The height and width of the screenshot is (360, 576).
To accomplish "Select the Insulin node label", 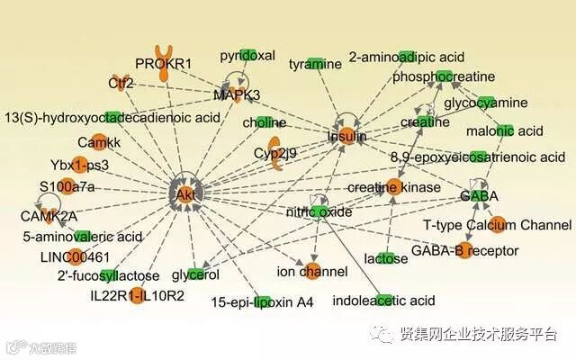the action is coord(346,137).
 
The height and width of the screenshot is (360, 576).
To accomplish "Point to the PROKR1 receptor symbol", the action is coord(164,63).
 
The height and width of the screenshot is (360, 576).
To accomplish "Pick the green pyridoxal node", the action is coord(247,55).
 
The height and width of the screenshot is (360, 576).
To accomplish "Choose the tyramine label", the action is coord(316,64).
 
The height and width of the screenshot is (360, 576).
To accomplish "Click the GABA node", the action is coord(479,195).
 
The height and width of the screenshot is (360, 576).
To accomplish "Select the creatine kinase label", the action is coord(394,187).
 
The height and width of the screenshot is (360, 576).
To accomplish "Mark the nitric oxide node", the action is coord(319,212).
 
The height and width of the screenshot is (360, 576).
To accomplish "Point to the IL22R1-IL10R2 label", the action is coord(137,295).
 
